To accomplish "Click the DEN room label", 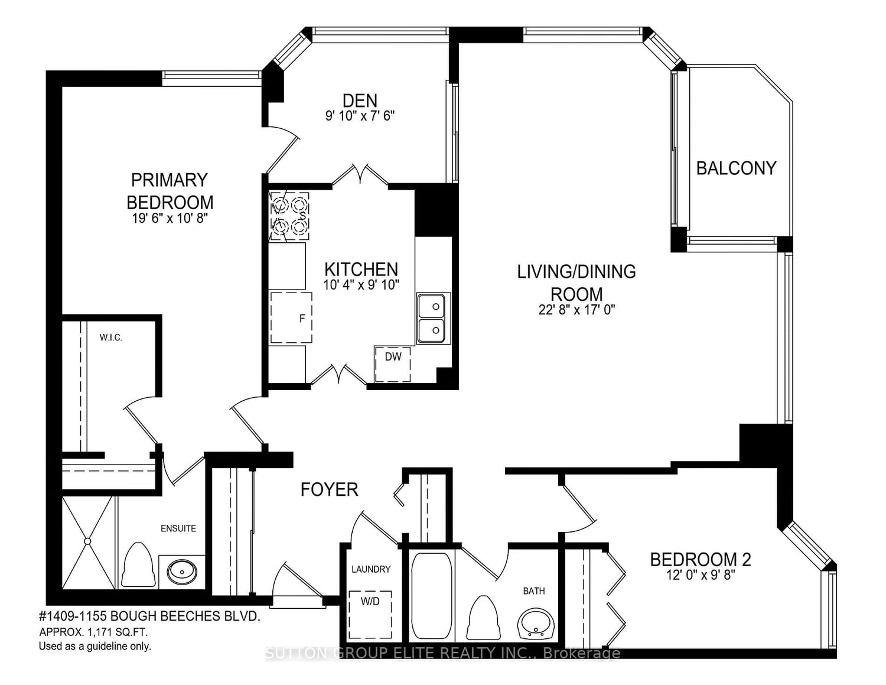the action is (x=360, y=100).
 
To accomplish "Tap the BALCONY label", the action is (x=736, y=168).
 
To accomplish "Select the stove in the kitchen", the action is (x=289, y=216).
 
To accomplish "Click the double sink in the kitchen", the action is (x=434, y=318).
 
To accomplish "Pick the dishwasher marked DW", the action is (x=393, y=364).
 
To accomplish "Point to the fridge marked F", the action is (x=291, y=318).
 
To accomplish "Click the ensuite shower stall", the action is (x=87, y=543).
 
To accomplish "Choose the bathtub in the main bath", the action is (x=431, y=596).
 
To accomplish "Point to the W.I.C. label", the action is (x=111, y=338).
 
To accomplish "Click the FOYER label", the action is (x=329, y=489).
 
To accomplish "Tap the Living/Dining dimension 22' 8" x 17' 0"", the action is (x=576, y=310).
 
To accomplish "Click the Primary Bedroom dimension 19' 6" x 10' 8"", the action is (x=170, y=218).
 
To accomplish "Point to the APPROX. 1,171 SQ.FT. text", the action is (x=93, y=632).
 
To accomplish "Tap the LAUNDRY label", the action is (x=370, y=569).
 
